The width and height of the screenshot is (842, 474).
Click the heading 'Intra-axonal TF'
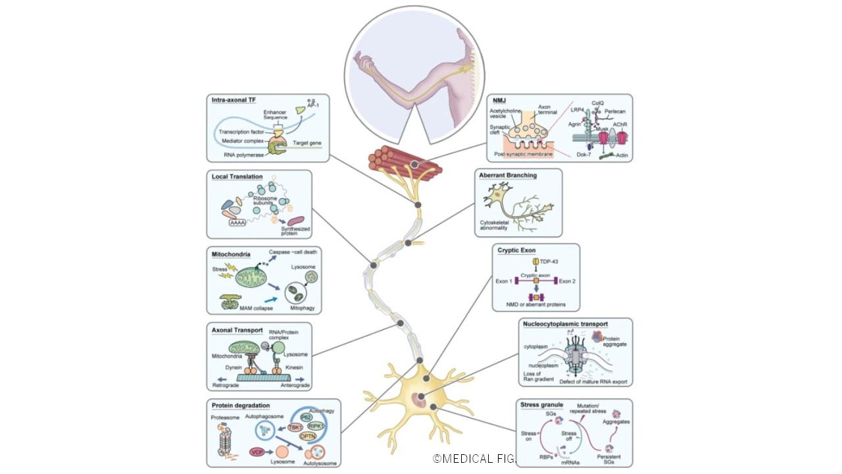(x=234, y=100)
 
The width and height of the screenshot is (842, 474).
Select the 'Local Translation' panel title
(x=237, y=176)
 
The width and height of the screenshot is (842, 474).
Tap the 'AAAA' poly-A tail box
(x=237, y=223)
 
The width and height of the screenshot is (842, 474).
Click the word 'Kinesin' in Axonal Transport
(x=293, y=367)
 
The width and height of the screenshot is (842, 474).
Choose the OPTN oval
(x=308, y=436)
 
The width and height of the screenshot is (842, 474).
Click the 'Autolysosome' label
(x=320, y=463)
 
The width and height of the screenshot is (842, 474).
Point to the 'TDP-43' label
(x=539, y=261)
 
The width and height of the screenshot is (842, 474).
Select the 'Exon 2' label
(x=567, y=281)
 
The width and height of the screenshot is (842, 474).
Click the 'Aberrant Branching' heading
(x=508, y=176)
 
